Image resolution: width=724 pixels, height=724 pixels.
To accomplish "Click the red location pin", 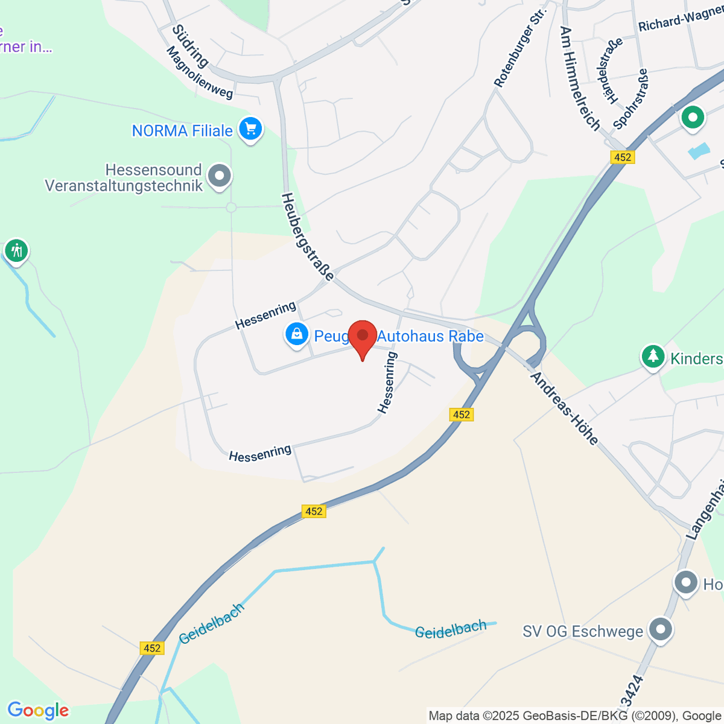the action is click(x=363, y=337).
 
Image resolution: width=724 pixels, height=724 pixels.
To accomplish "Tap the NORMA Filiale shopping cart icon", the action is click(x=250, y=129).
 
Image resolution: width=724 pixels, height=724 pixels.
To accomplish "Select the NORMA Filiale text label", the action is click(x=182, y=131).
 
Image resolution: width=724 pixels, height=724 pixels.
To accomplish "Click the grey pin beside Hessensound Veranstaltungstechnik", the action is click(x=219, y=177).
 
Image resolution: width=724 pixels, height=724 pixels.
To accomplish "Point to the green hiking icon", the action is click(x=16, y=249).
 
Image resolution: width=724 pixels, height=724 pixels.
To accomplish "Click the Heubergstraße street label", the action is click(x=307, y=237).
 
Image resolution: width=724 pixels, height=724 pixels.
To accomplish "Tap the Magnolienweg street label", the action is click(x=199, y=73).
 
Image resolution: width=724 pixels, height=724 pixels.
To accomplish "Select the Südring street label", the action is click(x=190, y=46).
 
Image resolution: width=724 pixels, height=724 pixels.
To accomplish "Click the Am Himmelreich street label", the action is click(x=580, y=78).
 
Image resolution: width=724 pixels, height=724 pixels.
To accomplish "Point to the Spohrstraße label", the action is click(x=630, y=98).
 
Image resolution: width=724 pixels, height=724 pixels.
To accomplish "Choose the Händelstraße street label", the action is click(x=609, y=71).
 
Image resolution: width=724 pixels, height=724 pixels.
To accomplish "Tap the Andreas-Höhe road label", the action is click(x=564, y=408).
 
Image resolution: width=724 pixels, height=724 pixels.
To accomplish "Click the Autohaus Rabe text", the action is click(x=430, y=336).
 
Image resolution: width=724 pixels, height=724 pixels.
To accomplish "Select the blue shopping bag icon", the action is click(x=296, y=334).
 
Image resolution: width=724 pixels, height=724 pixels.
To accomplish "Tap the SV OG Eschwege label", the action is click(x=583, y=632).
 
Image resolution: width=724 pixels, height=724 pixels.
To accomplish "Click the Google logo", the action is click(x=38, y=711).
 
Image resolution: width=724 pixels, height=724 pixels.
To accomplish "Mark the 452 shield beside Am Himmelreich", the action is click(x=622, y=157).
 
